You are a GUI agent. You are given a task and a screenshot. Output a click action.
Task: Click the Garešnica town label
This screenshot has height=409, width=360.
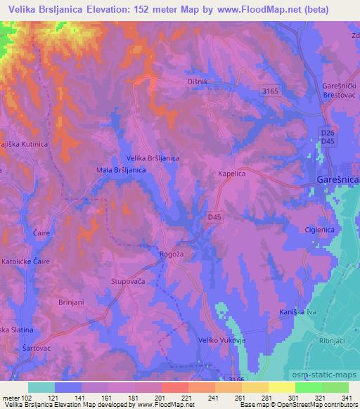(x=336, y=181)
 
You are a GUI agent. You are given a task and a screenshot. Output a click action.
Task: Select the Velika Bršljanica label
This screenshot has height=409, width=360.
(x=152, y=159)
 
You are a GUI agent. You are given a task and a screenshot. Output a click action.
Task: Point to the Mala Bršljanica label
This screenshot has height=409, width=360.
(x=121, y=170)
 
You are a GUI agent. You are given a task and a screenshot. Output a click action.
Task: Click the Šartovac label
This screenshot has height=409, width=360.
(x=20, y=347)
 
